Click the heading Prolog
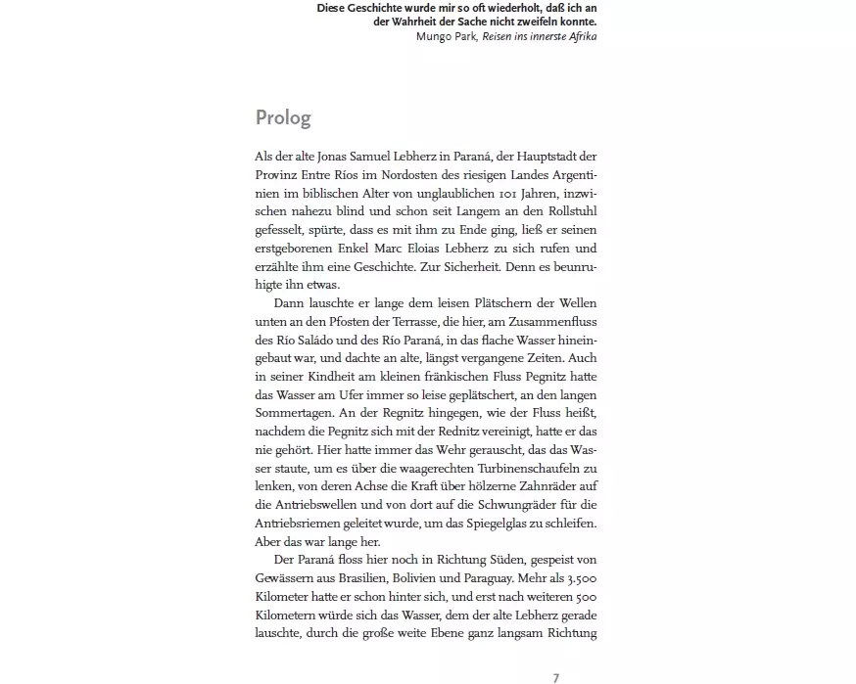click(283, 118)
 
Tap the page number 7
click(555, 677)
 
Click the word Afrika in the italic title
click(578, 36)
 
